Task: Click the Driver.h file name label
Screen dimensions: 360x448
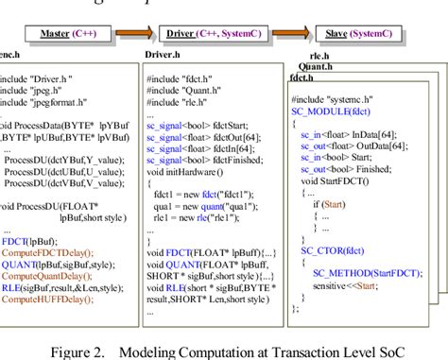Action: (x=162, y=56)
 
